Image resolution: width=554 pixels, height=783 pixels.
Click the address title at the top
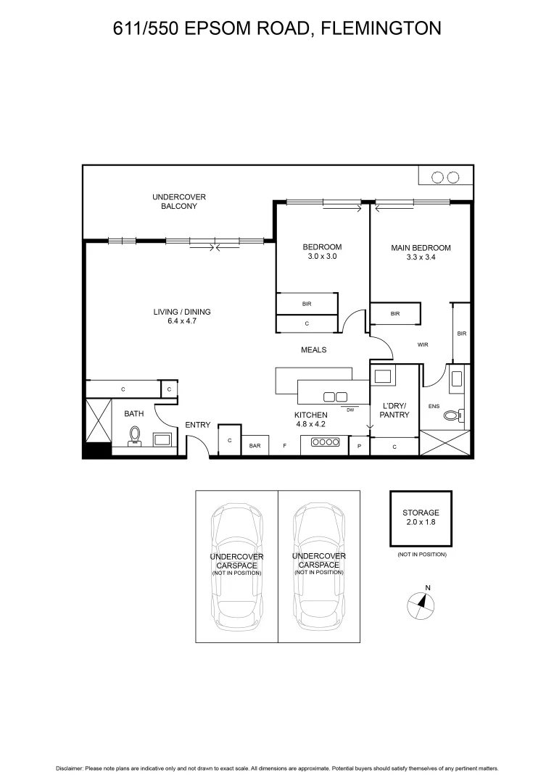277,28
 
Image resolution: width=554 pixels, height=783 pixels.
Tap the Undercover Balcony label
179,202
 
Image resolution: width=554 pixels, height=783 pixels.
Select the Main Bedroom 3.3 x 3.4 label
421,252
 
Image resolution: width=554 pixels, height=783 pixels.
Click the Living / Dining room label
182,316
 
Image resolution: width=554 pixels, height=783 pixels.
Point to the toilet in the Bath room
134,435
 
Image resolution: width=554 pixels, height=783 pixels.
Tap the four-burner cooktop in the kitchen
326,442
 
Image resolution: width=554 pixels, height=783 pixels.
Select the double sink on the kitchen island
335,396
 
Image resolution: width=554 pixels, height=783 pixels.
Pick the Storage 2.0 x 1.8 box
421,518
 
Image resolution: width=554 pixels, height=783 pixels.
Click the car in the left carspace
236,565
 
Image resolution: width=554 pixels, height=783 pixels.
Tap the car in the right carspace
319,565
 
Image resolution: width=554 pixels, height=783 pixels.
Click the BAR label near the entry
255,446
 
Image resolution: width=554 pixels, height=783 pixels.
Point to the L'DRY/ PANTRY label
394,410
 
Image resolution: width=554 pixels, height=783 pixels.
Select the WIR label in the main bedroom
423,345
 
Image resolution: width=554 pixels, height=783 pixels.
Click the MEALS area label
314,349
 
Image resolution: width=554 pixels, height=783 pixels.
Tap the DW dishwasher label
350,410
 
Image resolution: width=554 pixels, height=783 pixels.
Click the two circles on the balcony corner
445,177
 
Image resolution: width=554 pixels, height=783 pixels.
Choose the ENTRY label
197,425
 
